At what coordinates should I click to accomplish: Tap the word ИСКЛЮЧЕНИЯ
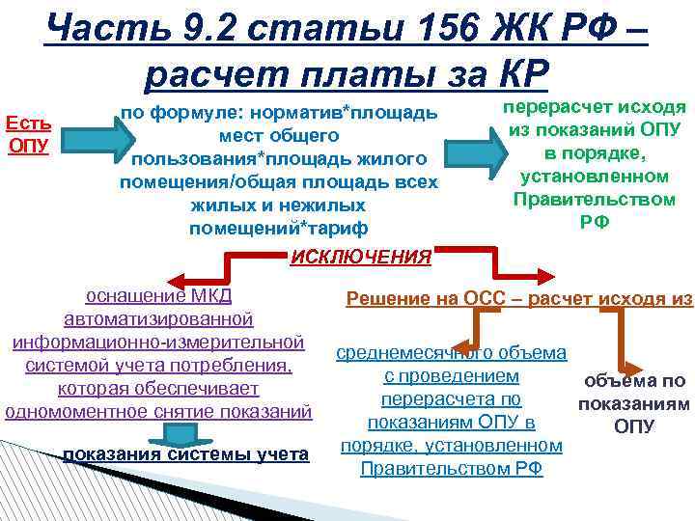point(361,257)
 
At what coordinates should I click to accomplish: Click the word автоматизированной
point(158,317)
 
